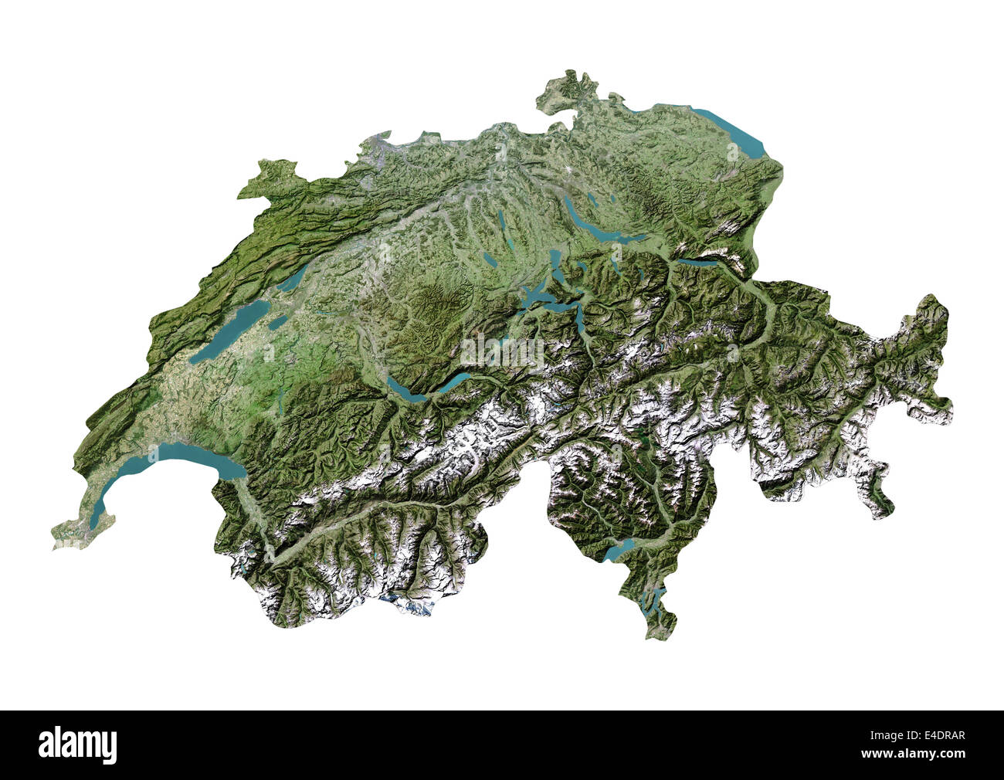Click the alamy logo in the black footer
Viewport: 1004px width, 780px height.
77,744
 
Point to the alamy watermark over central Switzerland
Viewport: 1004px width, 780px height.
502,352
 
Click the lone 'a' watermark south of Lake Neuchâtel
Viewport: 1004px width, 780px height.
268,353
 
